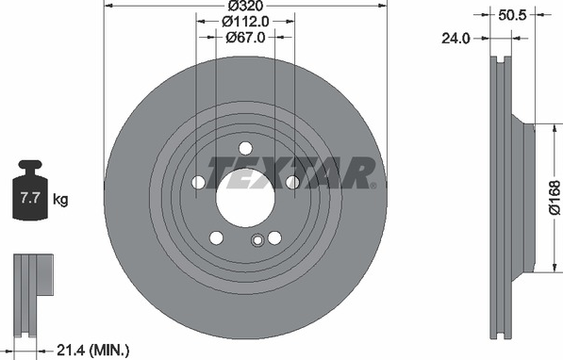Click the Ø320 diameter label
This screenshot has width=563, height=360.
245,6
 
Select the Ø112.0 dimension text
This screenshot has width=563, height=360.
245,22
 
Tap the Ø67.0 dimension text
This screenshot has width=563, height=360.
245,37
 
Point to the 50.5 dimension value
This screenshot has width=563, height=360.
512,15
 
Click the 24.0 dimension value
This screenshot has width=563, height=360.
455,38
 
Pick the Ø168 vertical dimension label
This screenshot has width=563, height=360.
555,198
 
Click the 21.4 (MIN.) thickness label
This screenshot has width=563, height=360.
93,350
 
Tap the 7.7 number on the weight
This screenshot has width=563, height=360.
30,198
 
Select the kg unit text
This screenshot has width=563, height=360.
60,200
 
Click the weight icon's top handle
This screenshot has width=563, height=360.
30,166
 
